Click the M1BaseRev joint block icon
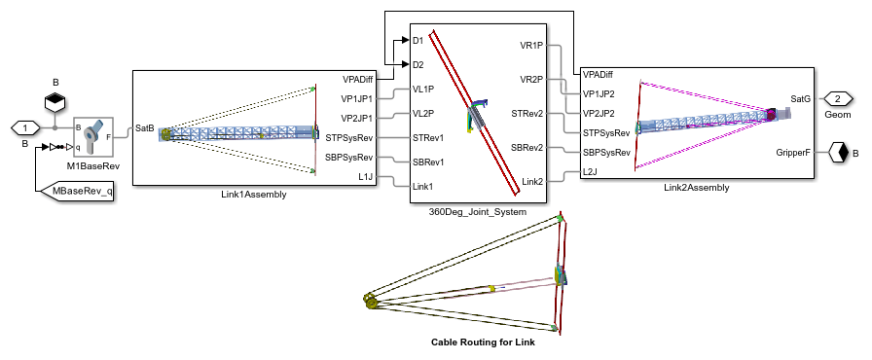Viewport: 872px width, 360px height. (x=93, y=136)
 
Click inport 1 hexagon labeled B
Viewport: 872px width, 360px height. (x=24, y=128)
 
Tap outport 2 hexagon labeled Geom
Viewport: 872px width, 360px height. (x=837, y=99)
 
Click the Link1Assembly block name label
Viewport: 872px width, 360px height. (x=254, y=195)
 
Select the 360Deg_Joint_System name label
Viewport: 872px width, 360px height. (x=478, y=212)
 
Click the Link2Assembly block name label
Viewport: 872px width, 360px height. (x=696, y=188)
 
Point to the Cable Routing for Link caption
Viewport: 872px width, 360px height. (x=484, y=342)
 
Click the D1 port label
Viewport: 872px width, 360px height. (x=418, y=41)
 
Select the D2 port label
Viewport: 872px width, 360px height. (x=418, y=64)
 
